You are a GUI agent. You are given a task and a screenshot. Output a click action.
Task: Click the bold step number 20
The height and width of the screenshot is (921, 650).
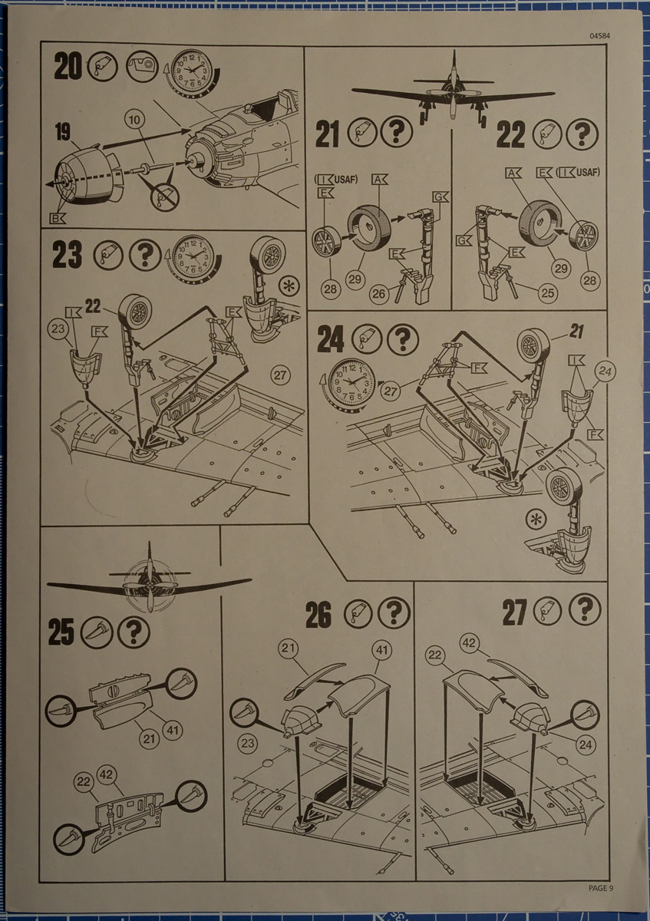[68, 68]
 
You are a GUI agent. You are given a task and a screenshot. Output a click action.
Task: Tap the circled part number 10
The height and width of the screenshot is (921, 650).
[134, 120]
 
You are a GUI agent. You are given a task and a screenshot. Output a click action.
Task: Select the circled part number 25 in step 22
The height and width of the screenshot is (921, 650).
[547, 295]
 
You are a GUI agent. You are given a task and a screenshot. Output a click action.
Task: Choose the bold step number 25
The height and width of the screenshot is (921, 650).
[61, 632]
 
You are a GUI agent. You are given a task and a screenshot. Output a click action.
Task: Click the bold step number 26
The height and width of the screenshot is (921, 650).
[318, 614]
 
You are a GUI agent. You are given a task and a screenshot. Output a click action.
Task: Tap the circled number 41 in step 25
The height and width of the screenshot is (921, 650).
[173, 729]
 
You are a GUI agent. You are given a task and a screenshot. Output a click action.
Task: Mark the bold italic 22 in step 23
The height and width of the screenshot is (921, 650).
[94, 306]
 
